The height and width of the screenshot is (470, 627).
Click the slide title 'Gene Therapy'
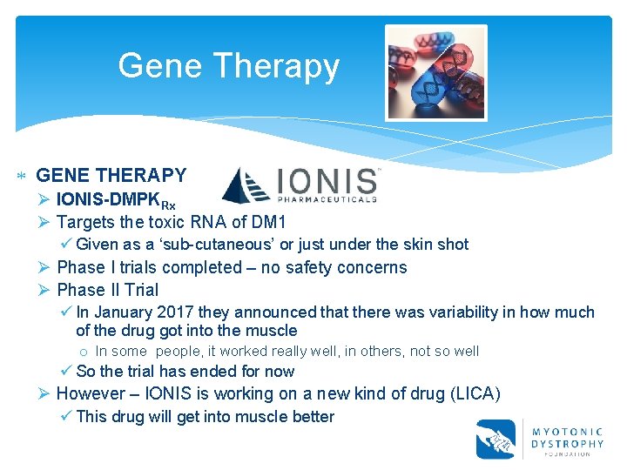tap(228, 66)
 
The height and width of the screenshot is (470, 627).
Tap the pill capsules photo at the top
tap(435, 72)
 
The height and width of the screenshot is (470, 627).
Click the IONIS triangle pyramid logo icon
tap(246, 185)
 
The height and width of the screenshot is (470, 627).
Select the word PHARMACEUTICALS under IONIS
tap(327, 198)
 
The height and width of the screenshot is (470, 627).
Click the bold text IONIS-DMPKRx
tap(116, 199)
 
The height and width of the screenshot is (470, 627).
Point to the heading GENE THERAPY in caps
tap(111, 176)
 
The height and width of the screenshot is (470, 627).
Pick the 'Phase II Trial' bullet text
tap(107, 290)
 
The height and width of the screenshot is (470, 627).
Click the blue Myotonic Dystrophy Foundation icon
tap(496, 439)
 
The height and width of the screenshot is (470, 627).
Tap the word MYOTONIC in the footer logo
tap(567, 430)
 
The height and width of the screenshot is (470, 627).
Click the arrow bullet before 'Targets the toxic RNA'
tap(45, 222)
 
